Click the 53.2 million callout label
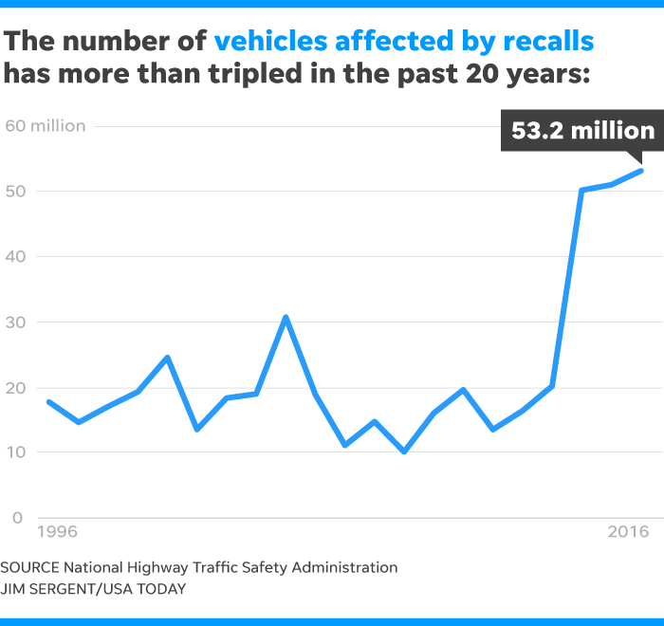click(x=582, y=131)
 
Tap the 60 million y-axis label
click(x=45, y=126)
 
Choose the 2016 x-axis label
click(x=627, y=532)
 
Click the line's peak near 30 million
click(x=286, y=317)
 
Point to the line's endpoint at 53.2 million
click(x=642, y=171)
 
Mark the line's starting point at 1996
click(x=48, y=402)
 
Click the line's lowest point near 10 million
click(x=404, y=451)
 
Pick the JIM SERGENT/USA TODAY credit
click(x=92, y=589)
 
